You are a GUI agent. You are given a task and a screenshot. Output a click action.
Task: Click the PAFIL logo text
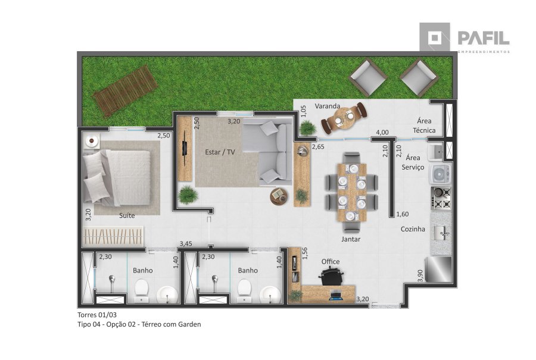[x=484, y=38]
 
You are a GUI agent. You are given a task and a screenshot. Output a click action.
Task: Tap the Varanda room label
[x=328, y=107]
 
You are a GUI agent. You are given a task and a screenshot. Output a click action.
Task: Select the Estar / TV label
[x=220, y=152]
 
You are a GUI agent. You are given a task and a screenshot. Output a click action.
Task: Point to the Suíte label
[x=127, y=215]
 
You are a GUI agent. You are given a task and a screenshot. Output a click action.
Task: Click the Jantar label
[x=351, y=239]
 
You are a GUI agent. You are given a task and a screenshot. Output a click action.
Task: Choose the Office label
[x=331, y=262]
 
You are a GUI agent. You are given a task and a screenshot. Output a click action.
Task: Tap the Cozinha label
[x=413, y=229]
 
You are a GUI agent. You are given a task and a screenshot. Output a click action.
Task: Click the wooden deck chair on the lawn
[x=126, y=91]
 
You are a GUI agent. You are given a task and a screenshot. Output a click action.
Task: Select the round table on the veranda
[x=344, y=118]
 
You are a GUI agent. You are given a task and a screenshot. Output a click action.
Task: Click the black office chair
[x=331, y=276]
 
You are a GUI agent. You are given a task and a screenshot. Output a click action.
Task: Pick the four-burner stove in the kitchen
[x=441, y=198]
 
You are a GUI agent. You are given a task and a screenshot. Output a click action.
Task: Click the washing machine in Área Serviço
[x=441, y=174]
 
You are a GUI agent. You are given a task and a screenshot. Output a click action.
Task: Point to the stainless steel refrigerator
[x=438, y=270]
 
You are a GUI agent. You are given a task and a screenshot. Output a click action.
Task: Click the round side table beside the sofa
[x=279, y=196]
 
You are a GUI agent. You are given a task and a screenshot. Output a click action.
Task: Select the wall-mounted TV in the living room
[x=185, y=148]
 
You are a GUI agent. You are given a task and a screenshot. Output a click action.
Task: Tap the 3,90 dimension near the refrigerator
[x=420, y=276]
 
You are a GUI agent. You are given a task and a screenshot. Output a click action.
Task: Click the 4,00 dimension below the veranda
[x=382, y=132]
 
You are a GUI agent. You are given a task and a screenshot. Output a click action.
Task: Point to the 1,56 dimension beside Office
[x=305, y=253]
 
